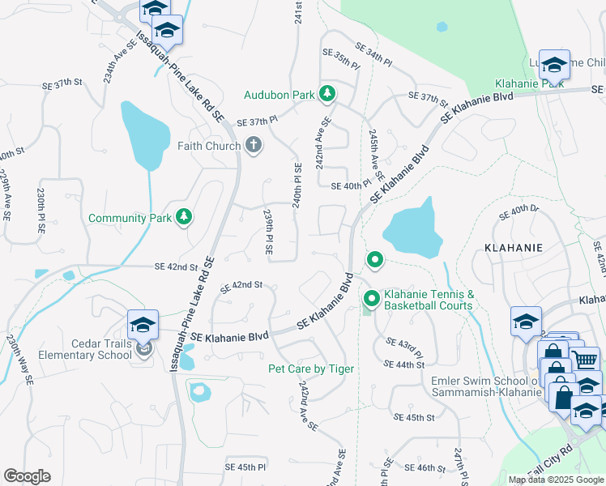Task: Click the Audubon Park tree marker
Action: click(327, 94)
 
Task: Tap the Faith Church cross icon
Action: click(253, 146)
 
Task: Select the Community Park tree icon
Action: click(185, 217)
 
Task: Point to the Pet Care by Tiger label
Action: click(311, 369)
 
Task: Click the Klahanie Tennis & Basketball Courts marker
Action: click(372, 300)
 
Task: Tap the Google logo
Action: click(27, 476)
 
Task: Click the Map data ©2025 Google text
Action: click(557, 480)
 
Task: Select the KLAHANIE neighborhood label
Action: click(513, 245)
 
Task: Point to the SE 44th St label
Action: click(406, 365)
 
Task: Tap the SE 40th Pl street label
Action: click(350, 185)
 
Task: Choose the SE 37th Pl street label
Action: click(257, 122)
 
